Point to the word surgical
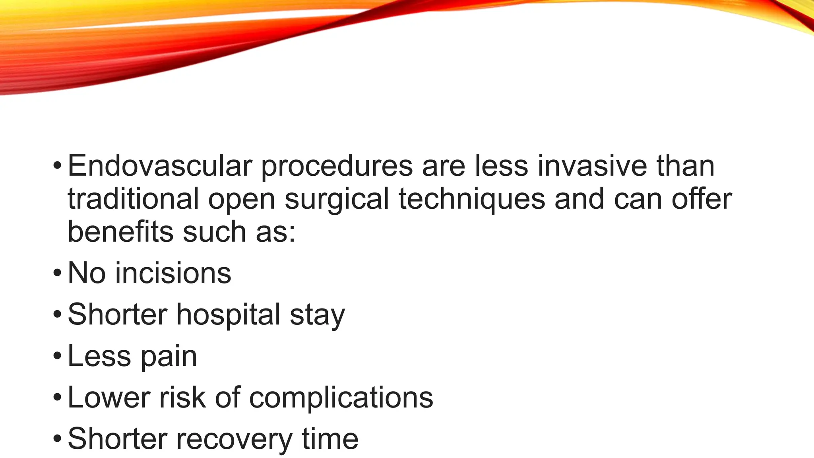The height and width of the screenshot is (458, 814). (x=336, y=200)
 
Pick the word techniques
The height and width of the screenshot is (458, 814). (x=472, y=200)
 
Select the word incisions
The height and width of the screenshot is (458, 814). (x=173, y=273)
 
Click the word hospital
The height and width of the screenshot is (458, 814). (x=229, y=314)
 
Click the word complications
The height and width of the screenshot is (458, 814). (x=341, y=398)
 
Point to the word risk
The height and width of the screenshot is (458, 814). (x=182, y=397)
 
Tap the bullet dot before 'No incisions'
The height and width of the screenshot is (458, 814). (x=57, y=274)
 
